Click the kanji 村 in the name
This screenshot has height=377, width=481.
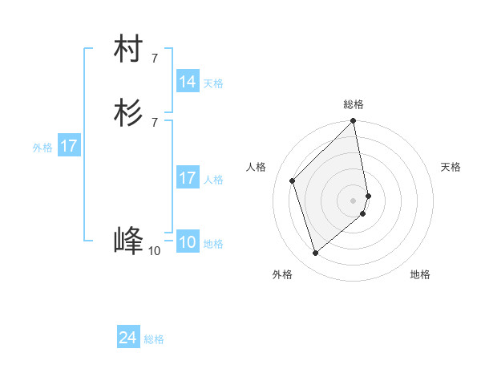click(129, 49)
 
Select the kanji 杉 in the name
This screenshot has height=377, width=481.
click(129, 113)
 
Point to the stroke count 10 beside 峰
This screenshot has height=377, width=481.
click(154, 251)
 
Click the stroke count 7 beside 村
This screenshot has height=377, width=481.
click(154, 58)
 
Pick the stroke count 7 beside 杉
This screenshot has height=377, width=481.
click(154, 122)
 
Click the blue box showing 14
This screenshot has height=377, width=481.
click(188, 82)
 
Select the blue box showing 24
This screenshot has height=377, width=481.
click(128, 338)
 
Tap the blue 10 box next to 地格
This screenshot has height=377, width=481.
click(188, 243)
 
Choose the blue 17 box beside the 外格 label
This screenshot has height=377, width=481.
click(69, 147)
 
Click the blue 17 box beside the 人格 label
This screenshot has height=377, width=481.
click(188, 179)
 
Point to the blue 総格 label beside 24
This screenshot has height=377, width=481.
click(154, 339)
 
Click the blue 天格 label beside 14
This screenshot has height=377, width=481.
click(213, 83)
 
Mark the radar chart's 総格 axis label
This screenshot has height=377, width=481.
click(354, 104)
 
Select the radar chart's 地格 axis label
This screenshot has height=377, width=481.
click(420, 275)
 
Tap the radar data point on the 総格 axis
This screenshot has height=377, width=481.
click(354, 122)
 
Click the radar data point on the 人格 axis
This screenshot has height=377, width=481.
click(293, 180)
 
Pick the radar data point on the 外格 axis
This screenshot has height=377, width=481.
click(316, 253)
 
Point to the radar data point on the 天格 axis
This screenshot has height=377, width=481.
click(369, 195)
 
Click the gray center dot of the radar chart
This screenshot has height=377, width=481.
click(354, 200)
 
